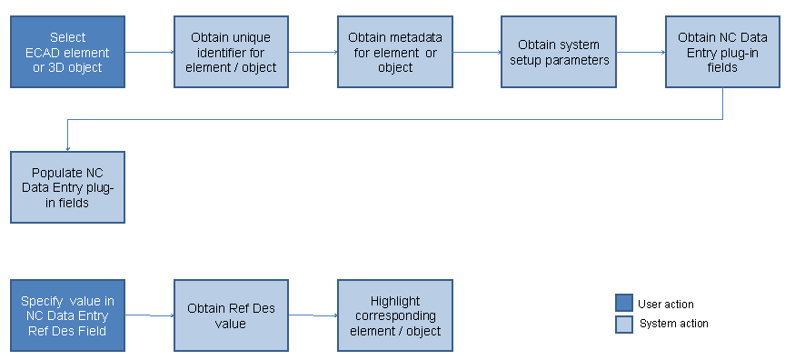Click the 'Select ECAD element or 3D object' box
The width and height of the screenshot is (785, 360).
(x=68, y=52)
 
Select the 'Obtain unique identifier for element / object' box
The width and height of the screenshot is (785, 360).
(x=231, y=52)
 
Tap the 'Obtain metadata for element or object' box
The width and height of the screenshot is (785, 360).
(x=394, y=52)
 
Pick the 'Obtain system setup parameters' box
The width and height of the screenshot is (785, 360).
(x=558, y=52)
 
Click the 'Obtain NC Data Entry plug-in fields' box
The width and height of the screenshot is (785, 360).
(x=721, y=52)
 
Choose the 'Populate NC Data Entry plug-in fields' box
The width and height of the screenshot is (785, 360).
(x=68, y=187)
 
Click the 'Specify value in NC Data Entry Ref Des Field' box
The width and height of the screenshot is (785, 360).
(x=68, y=315)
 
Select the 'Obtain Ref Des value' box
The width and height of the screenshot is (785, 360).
(x=231, y=315)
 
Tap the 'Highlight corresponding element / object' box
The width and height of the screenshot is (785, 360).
(x=394, y=315)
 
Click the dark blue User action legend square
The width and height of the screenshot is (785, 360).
(x=623, y=304)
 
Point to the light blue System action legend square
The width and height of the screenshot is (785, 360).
(x=623, y=324)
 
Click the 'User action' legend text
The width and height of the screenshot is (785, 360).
(x=666, y=305)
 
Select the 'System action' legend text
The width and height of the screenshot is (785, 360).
(x=673, y=324)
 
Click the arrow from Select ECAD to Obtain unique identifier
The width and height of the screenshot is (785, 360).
(x=149, y=52)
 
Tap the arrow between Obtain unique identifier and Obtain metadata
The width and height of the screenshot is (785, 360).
(x=313, y=52)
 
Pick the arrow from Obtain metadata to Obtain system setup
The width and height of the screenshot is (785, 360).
(x=476, y=52)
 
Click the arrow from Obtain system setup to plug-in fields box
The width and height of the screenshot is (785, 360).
(x=640, y=52)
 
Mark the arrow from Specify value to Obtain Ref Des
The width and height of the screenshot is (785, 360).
(x=149, y=315)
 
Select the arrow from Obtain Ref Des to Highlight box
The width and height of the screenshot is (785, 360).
(x=313, y=315)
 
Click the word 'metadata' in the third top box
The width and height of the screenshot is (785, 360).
(x=417, y=38)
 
